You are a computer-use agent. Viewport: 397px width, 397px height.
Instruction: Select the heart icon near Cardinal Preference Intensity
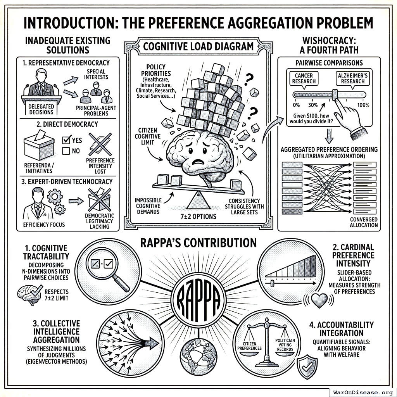click(321, 300)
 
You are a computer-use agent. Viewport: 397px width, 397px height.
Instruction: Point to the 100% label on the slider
click(363, 105)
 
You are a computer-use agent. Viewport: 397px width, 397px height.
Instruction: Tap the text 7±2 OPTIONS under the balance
click(198, 216)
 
